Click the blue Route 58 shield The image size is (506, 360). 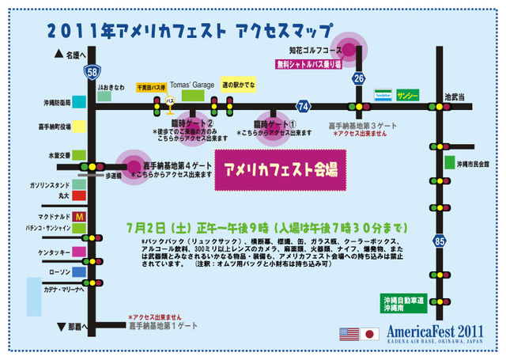click(93, 73)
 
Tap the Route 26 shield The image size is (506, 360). click(359, 78)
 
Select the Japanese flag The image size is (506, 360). click(369, 333)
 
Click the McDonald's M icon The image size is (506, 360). click(79, 216)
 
